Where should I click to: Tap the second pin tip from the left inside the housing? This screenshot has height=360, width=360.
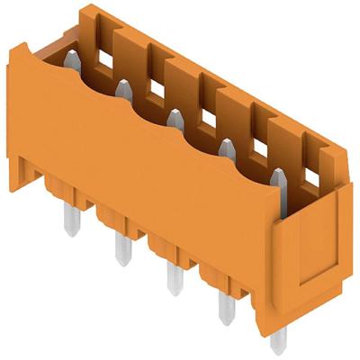coord(121,87)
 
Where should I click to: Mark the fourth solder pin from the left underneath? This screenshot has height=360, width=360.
coord(225,307)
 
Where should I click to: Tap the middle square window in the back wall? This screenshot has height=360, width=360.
coord(207,113)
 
